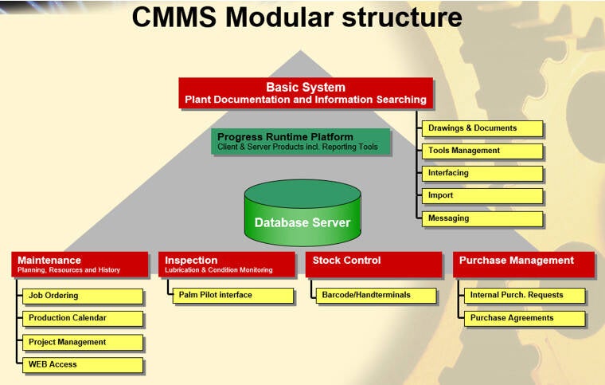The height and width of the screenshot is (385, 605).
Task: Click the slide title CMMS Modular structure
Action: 296,18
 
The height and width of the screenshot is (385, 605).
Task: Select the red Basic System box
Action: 306,92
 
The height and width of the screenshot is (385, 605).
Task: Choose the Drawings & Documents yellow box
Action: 482,128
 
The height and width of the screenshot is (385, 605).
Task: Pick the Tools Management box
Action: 482,151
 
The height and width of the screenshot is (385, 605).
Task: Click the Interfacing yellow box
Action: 482,173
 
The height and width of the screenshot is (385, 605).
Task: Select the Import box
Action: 482,195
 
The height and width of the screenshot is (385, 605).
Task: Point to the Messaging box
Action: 482,218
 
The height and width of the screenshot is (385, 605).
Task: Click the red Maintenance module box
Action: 80,264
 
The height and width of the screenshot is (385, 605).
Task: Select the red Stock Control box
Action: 373,264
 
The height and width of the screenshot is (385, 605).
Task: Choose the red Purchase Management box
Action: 524,264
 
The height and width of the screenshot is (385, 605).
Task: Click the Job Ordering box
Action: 82,296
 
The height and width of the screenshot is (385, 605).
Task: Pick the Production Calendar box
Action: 82,318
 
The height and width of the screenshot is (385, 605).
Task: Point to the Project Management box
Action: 82,342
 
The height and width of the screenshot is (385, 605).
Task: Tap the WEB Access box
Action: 82,365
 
